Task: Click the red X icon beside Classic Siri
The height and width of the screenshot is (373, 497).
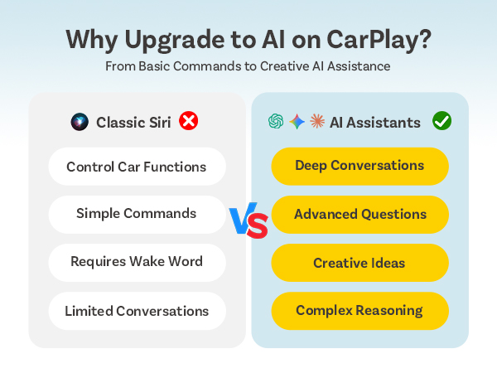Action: [189, 122]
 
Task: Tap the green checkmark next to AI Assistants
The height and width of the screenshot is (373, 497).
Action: [442, 122]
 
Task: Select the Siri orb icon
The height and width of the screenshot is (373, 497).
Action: [80, 123]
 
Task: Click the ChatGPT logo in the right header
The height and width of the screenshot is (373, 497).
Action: [276, 122]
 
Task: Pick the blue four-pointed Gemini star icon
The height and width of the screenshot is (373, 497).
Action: [297, 122]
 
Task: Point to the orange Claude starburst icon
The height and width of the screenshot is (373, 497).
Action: [316, 122]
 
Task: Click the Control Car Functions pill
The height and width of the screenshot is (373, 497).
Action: [137, 167]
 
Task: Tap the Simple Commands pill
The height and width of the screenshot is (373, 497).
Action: [137, 214]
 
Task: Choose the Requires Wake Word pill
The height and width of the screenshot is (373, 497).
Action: [137, 262]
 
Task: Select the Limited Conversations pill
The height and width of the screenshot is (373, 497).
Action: [137, 311]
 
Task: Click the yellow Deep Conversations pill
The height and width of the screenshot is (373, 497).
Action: [359, 166]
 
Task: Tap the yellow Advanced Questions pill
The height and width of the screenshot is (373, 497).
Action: [359, 214]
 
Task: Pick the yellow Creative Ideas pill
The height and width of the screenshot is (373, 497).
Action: [359, 263]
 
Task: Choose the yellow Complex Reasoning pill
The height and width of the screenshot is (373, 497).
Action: [359, 311]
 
